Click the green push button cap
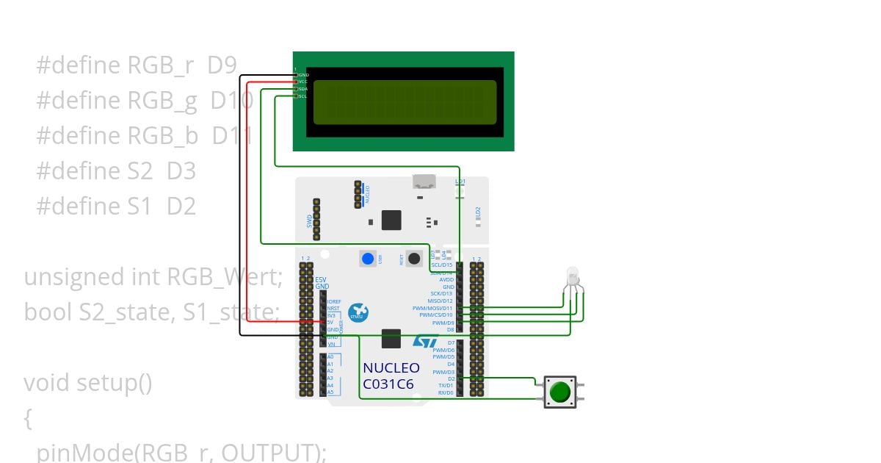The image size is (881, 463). pos(560,392)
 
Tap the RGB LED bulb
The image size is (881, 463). pos(573,278)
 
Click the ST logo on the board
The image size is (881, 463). pos(425,342)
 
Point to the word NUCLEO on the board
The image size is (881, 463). pos(391,368)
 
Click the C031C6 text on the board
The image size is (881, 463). pos(388,384)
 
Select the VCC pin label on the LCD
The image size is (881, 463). pos(303,82)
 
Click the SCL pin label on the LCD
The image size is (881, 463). pos(303,96)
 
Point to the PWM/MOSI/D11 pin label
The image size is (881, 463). pos(432,308)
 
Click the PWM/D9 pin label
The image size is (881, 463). pos(443,323)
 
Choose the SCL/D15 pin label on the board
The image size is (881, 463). pos(437,265)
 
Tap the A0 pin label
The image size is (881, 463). pos(330,357)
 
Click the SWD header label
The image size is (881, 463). pos(309,220)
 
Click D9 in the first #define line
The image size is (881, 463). pos(222,65)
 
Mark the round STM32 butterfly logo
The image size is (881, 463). pos(358,312)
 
